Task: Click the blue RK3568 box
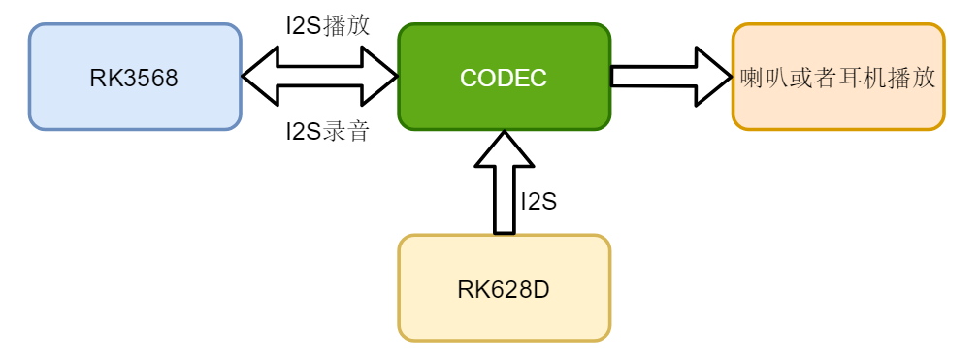click(x=135, y=77)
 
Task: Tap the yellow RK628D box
click(x=504, y=288)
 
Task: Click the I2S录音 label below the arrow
click(x=328, y=131)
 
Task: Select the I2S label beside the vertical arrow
click(x=538, y=202)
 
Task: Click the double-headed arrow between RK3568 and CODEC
click(x=320, y=76)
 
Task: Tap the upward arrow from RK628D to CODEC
click(x=504, y=194)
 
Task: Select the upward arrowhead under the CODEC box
click(x=504, y=147)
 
